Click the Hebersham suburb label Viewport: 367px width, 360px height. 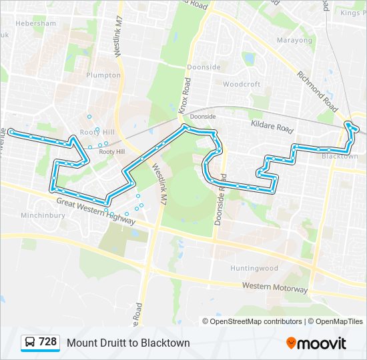tap(35, 23)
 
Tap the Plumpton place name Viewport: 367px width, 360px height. tap(103, 75)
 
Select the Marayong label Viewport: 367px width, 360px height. tap(294, 40)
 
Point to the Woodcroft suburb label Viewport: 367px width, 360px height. tap(242, 85)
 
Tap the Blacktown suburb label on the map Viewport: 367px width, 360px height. tap(340, 156)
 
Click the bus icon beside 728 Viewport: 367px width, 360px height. tap(31, 342)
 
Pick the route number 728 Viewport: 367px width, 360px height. tap(48, 342)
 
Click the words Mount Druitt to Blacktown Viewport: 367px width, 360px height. tap(128, 343)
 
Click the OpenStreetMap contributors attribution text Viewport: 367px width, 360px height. tap(256, 321)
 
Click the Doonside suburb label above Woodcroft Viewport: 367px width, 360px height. tap(204, 67)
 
